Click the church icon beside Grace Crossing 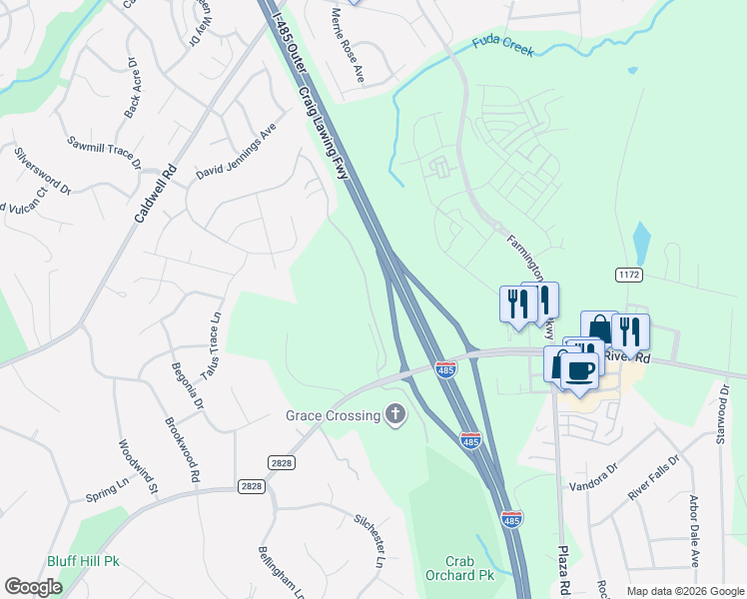coord(395,415)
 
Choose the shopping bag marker coord(599,328)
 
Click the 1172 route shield coord(627,273)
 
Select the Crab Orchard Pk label coord(456,568)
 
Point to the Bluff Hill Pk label coord(84,561)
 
